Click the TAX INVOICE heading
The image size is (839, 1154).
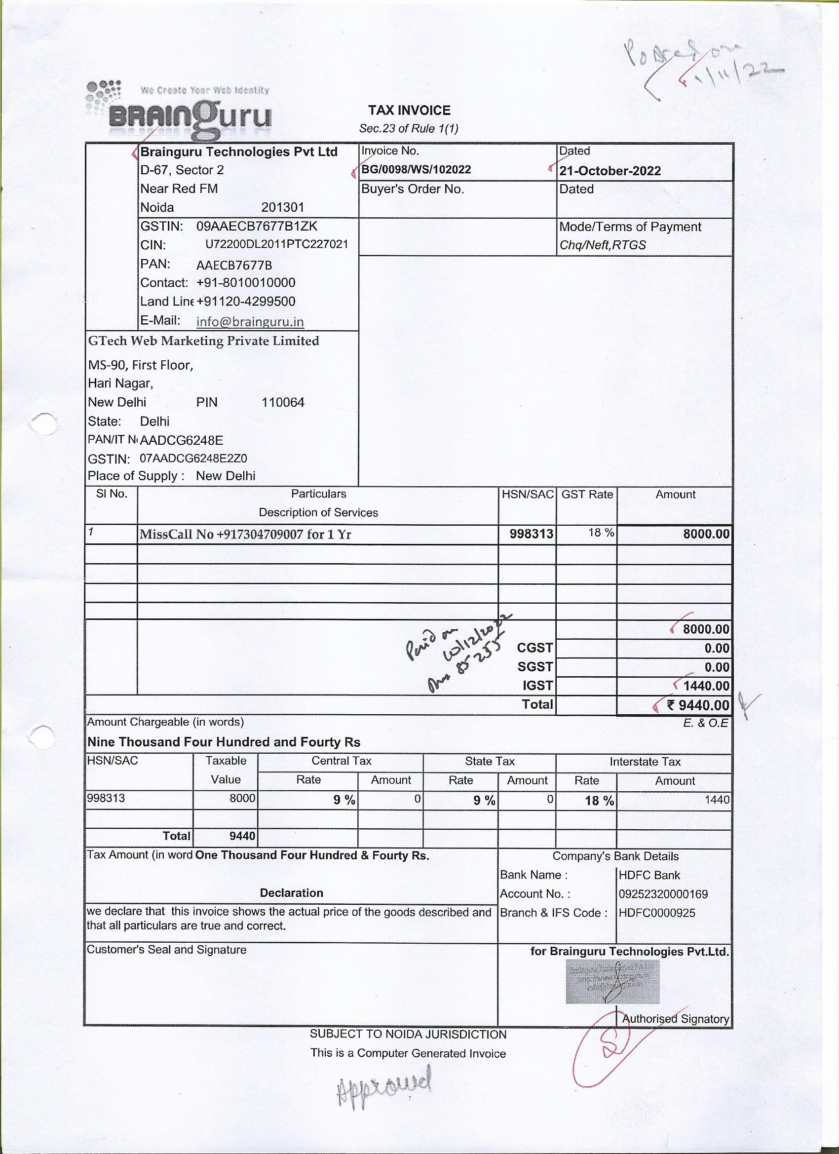(x=409, y=111)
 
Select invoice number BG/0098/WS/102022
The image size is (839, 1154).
(x=416, y=169)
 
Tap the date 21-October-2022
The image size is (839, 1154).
(x=610, y=171)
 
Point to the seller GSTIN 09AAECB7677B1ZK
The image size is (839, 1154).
(x=257, y=226)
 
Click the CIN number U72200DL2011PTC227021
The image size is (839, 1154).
(x=276, y=244)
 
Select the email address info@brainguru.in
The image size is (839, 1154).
(x=250, y=322)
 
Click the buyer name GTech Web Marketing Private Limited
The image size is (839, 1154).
(x=203, y=341)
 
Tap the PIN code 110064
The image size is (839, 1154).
(x=282, y=402)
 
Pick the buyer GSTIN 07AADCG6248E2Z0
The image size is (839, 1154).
(x=193, y=459)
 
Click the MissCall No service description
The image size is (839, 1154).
(x=245, y=534)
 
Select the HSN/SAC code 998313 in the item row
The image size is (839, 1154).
(x=531, y=534)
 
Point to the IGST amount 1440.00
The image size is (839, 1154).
(x=706, y=686)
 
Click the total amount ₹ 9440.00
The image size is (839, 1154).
(x=698, y=705)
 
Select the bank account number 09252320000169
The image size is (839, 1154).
(x=662, y=894)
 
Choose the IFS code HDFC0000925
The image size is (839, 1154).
(x=656, y=913)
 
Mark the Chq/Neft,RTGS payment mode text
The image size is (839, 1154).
(x=603, y=245)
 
